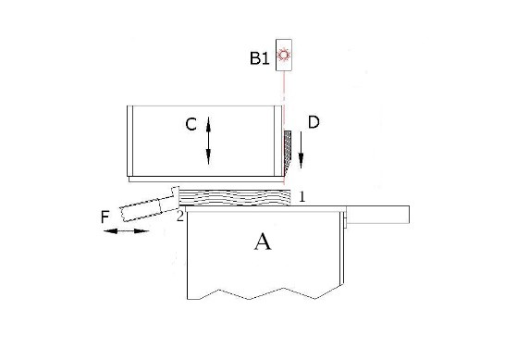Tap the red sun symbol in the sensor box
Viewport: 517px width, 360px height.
285,56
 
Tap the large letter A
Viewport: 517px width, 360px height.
263,242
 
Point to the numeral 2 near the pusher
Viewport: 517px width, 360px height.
180,217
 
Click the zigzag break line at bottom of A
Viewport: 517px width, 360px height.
263,296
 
